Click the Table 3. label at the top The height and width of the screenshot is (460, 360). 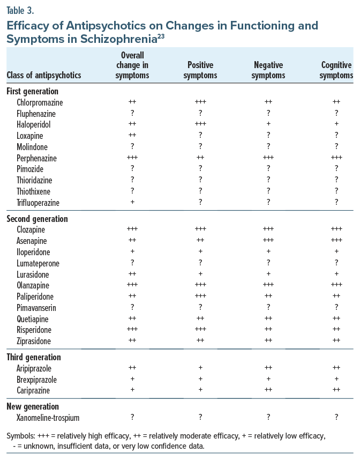[x=19, y=10]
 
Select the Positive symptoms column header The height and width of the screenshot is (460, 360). [x=200, y=70]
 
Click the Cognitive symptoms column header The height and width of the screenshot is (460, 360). [x=336, y=70]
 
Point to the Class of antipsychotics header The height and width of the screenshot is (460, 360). [x=44, y=76]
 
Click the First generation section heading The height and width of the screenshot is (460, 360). [x=33, y=91]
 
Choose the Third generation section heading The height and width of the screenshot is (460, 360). [x=34, y=357]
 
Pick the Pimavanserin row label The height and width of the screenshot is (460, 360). [x=36, y=308]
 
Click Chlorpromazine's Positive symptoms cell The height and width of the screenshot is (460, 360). [x=200, y=102]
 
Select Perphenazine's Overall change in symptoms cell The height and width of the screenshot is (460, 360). [x=132, y=158]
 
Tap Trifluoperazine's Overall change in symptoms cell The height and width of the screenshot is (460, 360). [x=132, y=203]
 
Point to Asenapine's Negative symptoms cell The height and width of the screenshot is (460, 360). [x=268, y=241]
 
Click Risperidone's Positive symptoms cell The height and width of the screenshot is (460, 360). [x=200, y=330]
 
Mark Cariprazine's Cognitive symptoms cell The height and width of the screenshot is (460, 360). [x=336, y=390]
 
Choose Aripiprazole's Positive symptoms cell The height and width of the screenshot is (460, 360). [x=200, y=368]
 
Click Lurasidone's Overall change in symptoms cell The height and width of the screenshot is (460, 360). [x=132, y=274]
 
